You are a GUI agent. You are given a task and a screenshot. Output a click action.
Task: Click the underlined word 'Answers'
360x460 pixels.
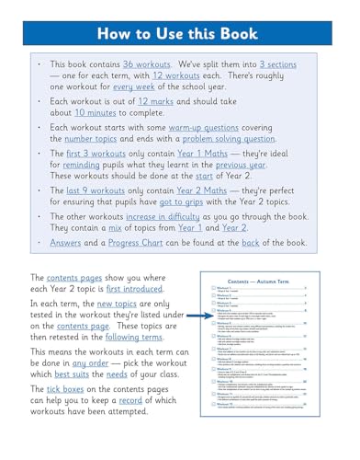[x=60, y=298]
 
